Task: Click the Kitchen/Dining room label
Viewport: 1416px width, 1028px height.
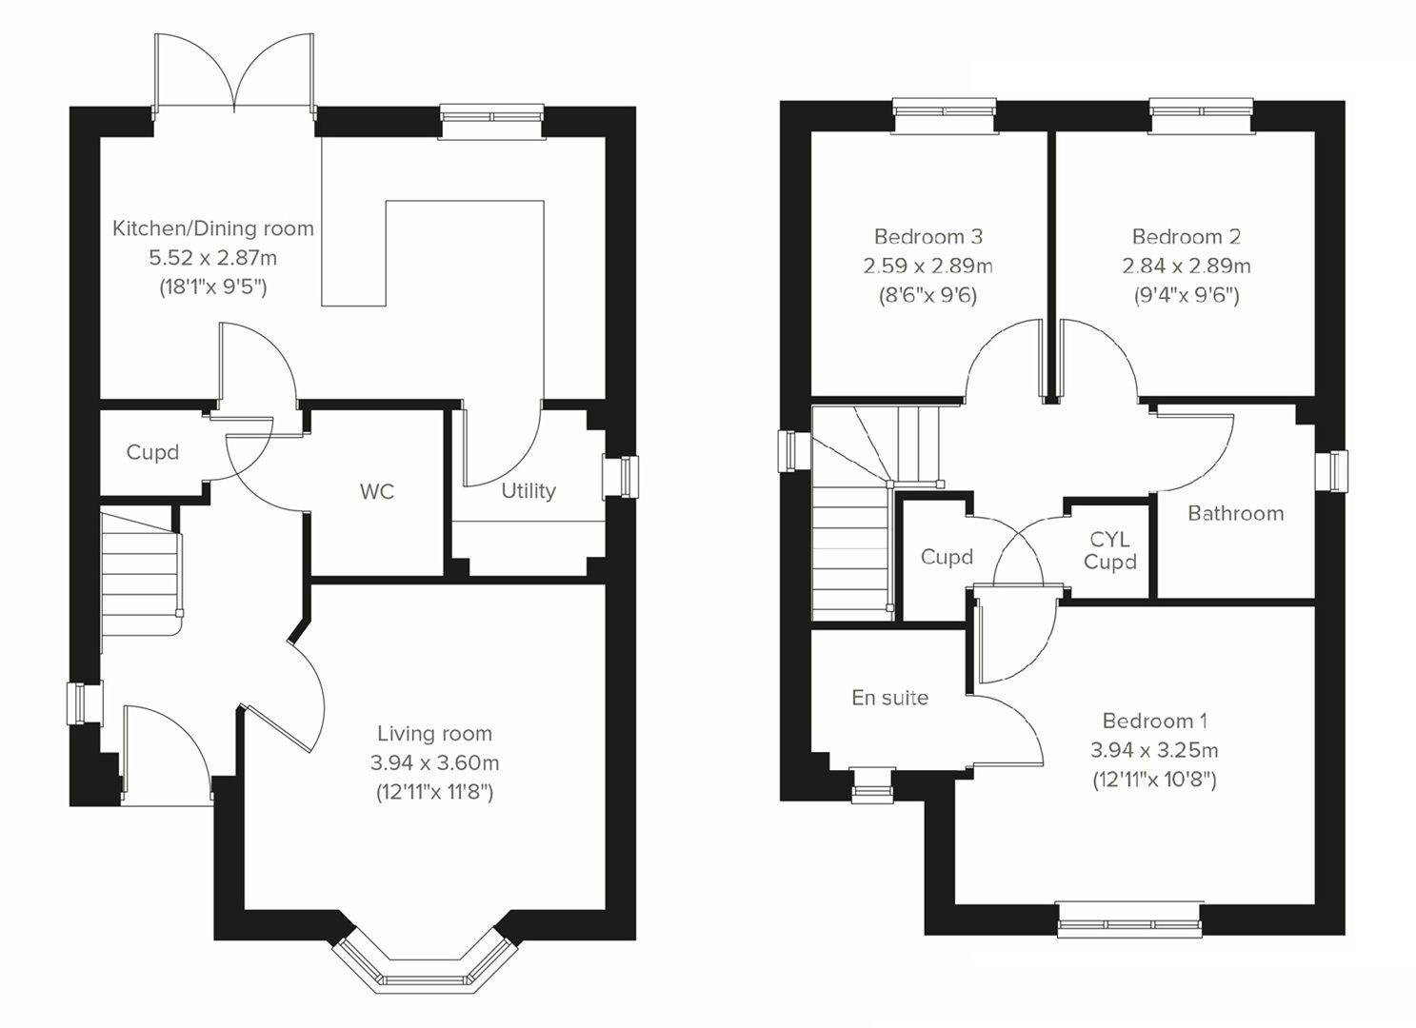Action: pos(213,228)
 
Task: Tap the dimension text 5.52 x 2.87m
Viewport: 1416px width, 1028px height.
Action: pos(213,258)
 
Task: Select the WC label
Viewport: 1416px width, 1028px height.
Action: pos(377,491)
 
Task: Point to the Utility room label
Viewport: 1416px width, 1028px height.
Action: pos(529,491)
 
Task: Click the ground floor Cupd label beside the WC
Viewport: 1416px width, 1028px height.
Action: pos(152,452)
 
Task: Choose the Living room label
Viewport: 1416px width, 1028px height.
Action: pos(435,734)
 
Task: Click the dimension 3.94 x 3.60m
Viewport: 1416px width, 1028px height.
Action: pos(435,762)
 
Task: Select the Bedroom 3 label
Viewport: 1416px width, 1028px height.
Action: pos(928,237)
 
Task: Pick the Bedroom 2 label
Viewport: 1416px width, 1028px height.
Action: pos(1186,237)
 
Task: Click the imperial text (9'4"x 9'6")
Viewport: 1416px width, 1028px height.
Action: pos(1187,295)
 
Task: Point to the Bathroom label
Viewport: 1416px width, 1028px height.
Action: pos(1236,513)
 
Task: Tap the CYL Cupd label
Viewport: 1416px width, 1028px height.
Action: pos(1110,550)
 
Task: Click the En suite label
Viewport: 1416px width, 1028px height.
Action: pos(890,698)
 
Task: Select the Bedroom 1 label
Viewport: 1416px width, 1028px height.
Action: pos(1155,721)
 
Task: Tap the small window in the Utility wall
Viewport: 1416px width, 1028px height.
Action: pos(621,477)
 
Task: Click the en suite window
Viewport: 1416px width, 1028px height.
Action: pos(872,785)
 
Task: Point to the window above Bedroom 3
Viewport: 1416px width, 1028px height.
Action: pos(945,116)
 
